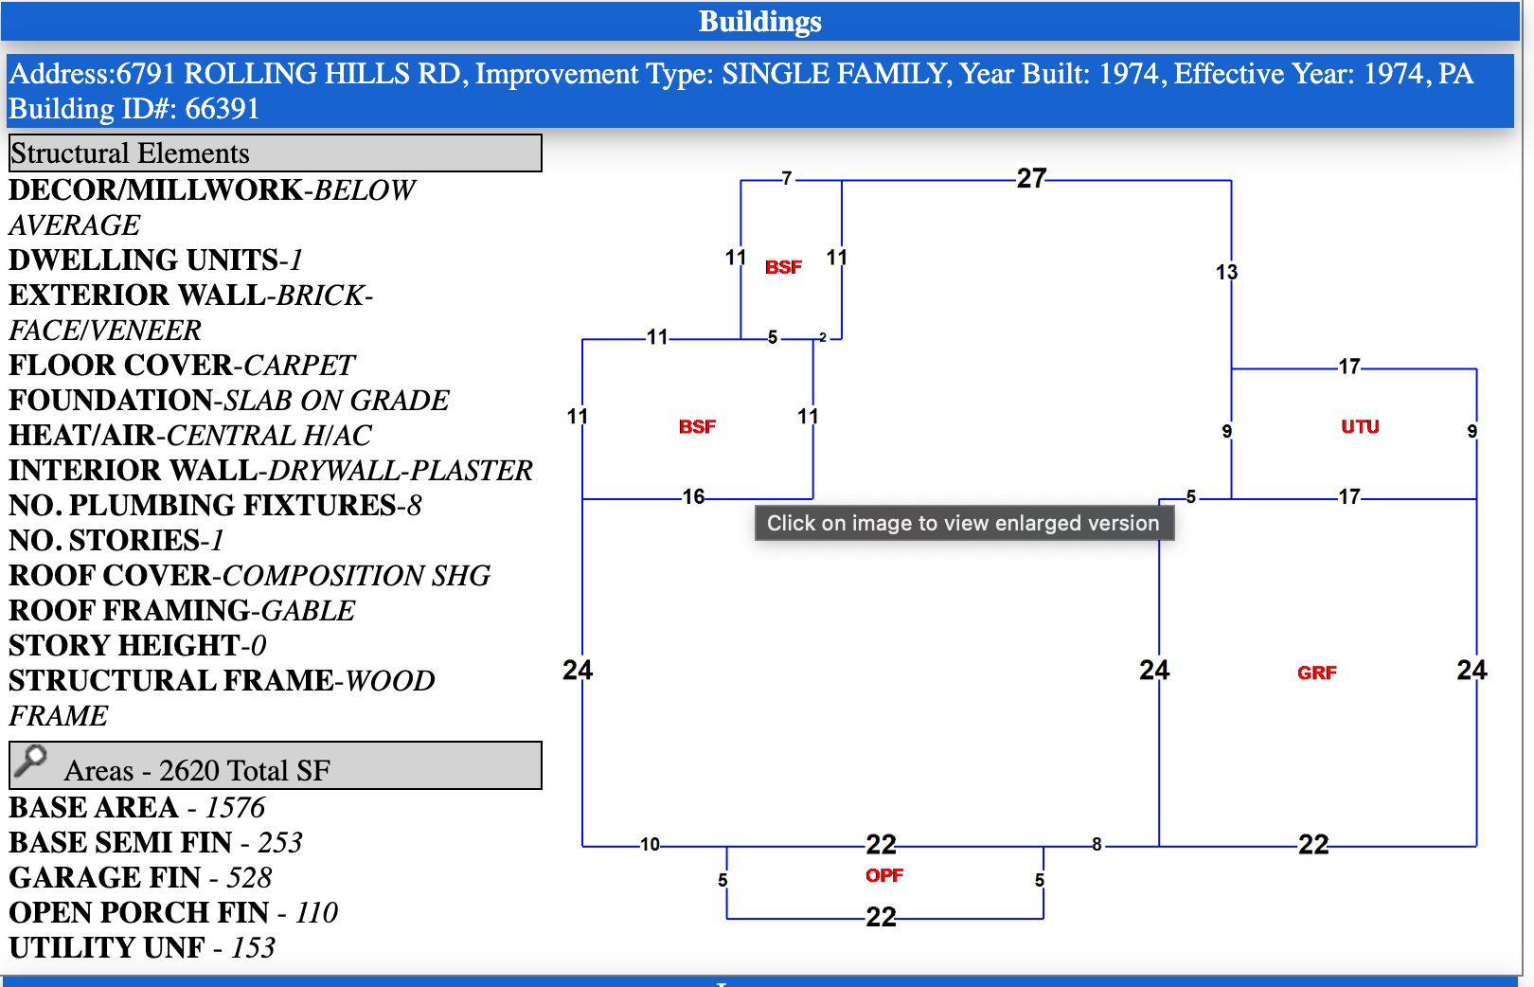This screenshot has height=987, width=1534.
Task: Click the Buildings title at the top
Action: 759,22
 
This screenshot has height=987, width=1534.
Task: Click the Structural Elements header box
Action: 275,153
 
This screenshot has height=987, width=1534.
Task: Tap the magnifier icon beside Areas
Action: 31,761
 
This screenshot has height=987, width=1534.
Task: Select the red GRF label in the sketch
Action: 1316,673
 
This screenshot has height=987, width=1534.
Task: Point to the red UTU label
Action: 1360,427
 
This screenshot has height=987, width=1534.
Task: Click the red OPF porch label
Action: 883,876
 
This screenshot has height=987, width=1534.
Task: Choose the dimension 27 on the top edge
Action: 1031,178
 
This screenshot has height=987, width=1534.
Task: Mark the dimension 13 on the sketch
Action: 1226,273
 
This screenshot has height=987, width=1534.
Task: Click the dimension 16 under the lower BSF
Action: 693,497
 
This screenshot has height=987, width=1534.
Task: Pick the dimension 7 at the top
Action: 786,178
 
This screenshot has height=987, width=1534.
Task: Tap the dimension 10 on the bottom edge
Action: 650,844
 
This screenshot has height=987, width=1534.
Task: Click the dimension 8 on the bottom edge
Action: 1097,844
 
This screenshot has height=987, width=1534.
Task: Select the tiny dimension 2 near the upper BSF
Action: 823,337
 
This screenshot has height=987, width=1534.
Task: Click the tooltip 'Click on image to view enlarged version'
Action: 963,523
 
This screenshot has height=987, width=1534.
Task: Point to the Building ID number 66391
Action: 223,109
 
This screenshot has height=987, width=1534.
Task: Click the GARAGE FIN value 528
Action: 249,878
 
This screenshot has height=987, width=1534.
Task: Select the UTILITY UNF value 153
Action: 253,948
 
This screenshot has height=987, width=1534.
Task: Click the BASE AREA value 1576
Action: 235,808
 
